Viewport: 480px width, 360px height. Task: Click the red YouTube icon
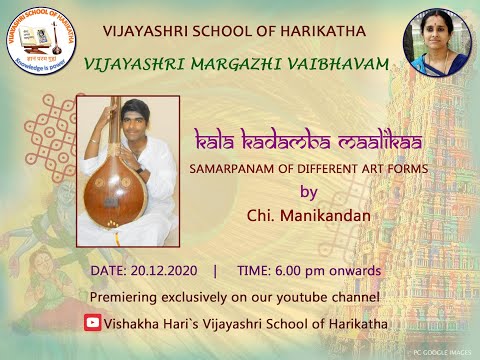pos(93,322)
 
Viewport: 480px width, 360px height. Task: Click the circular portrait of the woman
pos(436,42)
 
